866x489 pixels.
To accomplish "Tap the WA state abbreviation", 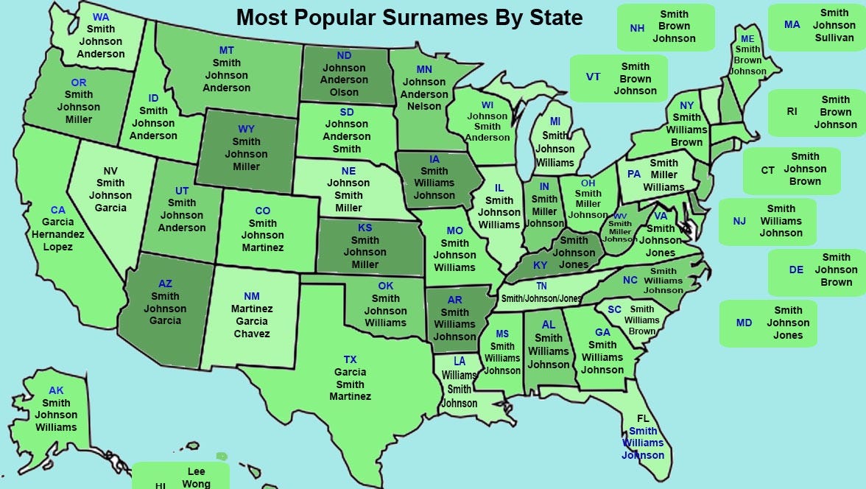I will click(x=101, y=17).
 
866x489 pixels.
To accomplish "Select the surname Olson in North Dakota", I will click(x=344, y=92).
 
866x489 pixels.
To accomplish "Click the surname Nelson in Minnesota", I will click(x=423, y=106).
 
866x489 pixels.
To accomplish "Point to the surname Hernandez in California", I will click(x=57, y=234).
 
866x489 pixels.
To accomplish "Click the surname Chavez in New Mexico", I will click(x=252, y=334).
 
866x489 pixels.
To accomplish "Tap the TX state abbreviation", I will click(x=350, y=359).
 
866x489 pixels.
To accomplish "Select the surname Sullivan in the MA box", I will click(x=834, y=38).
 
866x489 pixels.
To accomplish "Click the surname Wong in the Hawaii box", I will click(x=197, y=484).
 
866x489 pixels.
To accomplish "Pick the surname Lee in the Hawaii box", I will click(x=197, y=471).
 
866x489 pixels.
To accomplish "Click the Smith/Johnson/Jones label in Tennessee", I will click(x=541, y=299).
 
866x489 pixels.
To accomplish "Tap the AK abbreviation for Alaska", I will click(x=56, y=390).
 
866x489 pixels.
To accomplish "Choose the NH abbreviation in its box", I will click(x=637, y=28).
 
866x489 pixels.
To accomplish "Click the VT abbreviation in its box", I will click(x=593, y=77).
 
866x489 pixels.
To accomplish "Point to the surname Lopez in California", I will click(x=57, y=247).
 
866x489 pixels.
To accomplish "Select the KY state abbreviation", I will click(x=540, y=265).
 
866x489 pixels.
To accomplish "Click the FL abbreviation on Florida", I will click(x=643, y=418).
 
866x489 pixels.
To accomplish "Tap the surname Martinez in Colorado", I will click(x=263, y=247).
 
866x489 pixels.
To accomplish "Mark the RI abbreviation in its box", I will click(x=792, y=112).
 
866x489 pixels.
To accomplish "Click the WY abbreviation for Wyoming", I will click(x=246, y=129).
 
